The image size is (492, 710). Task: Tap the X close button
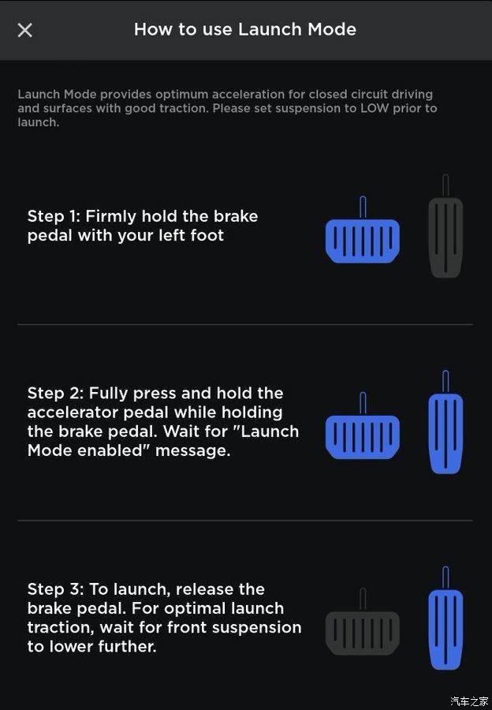pyautogui.click(x=25, y=30)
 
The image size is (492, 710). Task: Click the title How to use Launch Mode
pyautogui.click(x=245, y=29)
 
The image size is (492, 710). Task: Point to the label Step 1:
pyautogui.click(x=54, y=216)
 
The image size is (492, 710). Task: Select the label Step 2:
pyautogui.click(x=55, y=393)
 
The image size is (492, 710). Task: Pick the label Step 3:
pyautogui.click(x=55, y=589)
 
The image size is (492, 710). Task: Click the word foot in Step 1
pyautogui.click(x=207, y=235)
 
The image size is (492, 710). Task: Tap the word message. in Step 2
pyautogui.click(x=193, y=451)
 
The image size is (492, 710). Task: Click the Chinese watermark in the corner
pyautogui.click(x=469, y=701)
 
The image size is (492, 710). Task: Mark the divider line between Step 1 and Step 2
pyautogui.click(x=245, y=324)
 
